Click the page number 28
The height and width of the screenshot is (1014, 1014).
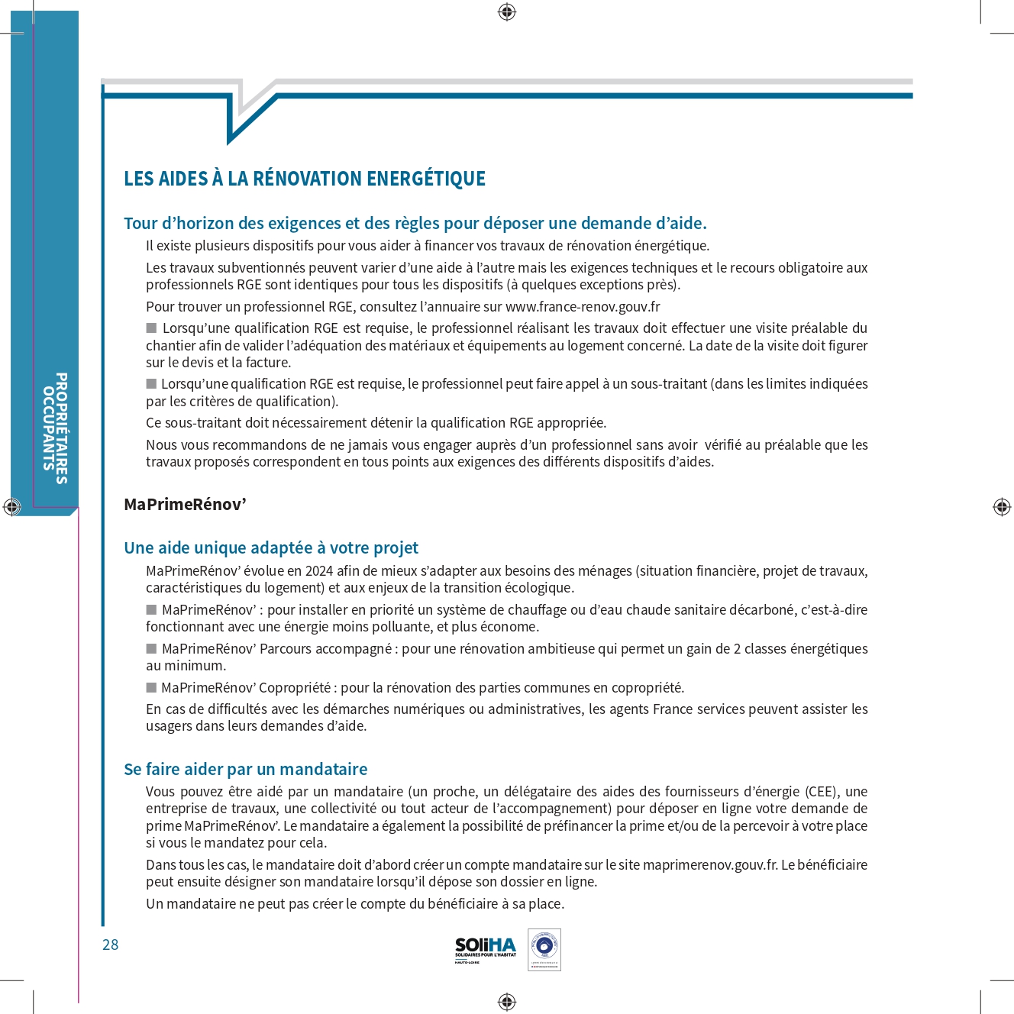point(111,945)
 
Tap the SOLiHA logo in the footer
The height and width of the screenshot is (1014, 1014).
point(485,948)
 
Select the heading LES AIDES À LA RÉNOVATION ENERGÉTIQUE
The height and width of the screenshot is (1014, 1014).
point(305,179)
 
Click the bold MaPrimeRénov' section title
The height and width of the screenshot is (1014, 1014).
point(185,505)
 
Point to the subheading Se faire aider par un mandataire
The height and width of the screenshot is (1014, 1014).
point(245,769)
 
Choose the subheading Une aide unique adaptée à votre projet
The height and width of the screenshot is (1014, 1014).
point(271,548)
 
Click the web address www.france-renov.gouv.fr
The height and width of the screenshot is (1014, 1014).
point(583,307)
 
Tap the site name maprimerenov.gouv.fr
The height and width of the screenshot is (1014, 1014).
point(709,865)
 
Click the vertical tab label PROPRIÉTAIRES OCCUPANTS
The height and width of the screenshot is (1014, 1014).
point(55,428)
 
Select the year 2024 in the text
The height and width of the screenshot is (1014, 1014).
point(320,571)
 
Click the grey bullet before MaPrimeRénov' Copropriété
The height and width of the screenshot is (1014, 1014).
point(151,687)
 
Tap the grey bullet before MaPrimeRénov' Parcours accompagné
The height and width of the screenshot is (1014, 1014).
point(151,648)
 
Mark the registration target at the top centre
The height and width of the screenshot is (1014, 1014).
point(507,11)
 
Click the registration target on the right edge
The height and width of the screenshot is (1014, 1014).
point(1002,506)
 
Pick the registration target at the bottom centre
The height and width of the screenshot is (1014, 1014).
point(507,1001)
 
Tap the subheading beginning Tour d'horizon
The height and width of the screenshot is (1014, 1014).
point(415,224)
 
